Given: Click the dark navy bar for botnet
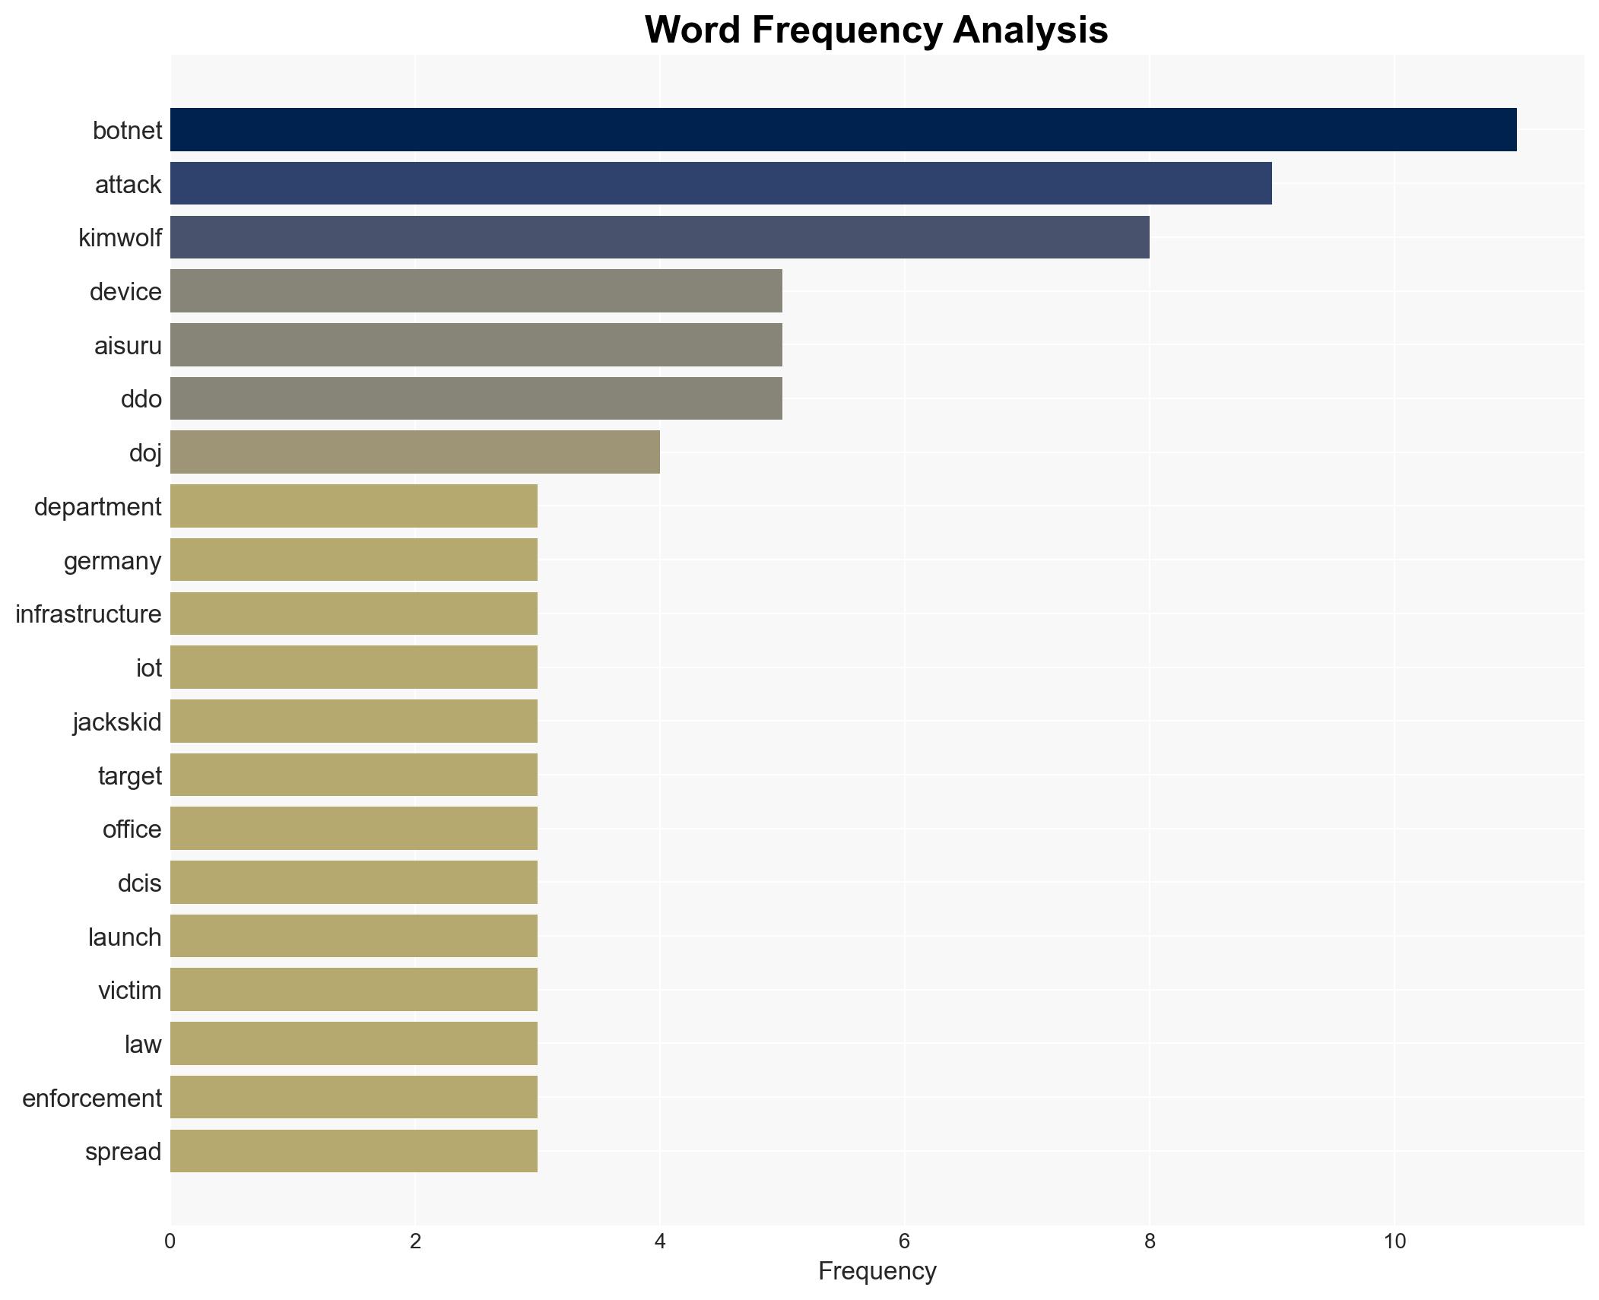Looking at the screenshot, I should [842, 129].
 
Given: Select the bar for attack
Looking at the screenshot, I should [720, 183].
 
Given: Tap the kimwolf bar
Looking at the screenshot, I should [659, 237].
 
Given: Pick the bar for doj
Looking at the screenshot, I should [414, 452].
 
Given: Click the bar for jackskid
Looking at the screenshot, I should [354, 721].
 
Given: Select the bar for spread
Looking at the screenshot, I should [354, 1151].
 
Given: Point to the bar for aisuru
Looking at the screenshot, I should [476, 344].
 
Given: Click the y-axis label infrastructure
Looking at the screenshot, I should [88, 614].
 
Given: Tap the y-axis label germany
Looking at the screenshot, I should [113, 560].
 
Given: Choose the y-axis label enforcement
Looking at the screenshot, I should [92, 1098].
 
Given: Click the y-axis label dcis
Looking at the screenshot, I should [140, 883].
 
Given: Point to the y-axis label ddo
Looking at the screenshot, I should [141, 398].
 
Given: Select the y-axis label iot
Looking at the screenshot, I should [149, 667].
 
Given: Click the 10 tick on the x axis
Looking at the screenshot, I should [1394, 1241].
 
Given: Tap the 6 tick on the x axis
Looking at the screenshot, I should [904, 1241].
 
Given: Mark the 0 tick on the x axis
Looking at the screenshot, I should [170, 1241].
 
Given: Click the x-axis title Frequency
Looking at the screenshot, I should [877, 1271].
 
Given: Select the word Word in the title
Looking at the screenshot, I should [692, 30].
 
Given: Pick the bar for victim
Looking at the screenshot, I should [354, 989].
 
